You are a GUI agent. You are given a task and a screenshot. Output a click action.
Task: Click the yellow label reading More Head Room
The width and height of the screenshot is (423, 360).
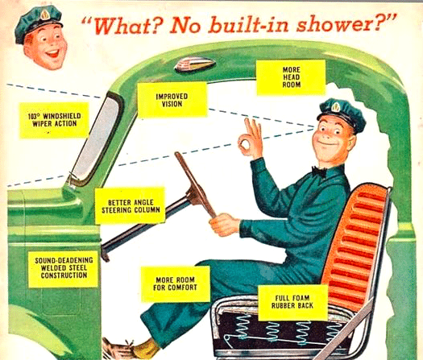(291, 77)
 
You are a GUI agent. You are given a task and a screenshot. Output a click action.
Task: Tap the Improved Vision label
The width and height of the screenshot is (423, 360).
(172, 100)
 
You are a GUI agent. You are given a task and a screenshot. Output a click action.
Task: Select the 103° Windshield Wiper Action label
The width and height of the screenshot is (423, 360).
(54, 120)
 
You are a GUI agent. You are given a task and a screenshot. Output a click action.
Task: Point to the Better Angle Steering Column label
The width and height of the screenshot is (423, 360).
(130, 206)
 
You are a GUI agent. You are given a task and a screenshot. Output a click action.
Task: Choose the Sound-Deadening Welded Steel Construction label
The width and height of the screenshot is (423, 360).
(64, 268)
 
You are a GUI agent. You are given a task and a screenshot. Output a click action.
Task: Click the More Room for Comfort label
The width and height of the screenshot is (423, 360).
(176, 283)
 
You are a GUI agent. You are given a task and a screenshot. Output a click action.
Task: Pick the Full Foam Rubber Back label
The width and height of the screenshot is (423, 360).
(292, 303)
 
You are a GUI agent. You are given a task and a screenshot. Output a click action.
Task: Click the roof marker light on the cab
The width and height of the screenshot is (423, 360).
(195, 64)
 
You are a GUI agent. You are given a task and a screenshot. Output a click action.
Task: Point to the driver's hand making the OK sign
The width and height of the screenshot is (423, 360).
(250, 138)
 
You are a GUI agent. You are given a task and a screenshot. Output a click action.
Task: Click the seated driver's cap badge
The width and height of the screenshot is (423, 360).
(335, 107)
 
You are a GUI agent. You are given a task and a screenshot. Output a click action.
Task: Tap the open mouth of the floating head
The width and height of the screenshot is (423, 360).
(52, 53)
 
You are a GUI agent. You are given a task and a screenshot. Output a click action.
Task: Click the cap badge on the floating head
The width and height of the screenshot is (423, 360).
(45, 14)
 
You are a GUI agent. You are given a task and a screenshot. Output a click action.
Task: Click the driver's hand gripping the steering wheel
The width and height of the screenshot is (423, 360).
(224, 225)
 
